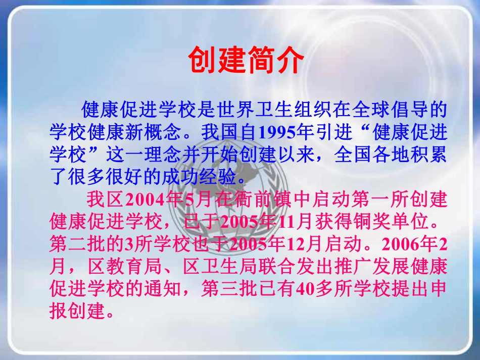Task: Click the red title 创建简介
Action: tap(246, 60)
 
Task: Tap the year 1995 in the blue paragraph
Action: tap(277, 132)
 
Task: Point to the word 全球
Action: tap(370, 110)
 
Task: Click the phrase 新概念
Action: tap(154, 132)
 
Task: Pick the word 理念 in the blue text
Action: tap(163, 155)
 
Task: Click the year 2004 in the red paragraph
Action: tap(145, 200)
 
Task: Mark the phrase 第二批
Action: tap(77, 244)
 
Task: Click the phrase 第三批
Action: tap(229, 289)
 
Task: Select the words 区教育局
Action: tap(125, 267)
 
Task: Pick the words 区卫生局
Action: tap(220, 267)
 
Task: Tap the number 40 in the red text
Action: tap(306, 289)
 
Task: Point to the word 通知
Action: tap(163, 289)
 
